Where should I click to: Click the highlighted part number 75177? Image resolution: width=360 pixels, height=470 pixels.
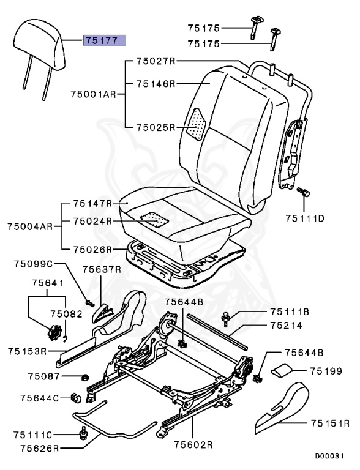(105, 41)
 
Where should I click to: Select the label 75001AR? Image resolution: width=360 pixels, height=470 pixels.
(92, 95)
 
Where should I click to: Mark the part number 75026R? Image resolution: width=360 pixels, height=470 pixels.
(92, 249)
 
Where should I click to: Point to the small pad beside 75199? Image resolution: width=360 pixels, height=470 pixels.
(282, 370)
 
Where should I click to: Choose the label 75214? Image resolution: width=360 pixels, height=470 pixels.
(285, 326)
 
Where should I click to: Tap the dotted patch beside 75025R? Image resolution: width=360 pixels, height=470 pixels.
(197, 125)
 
